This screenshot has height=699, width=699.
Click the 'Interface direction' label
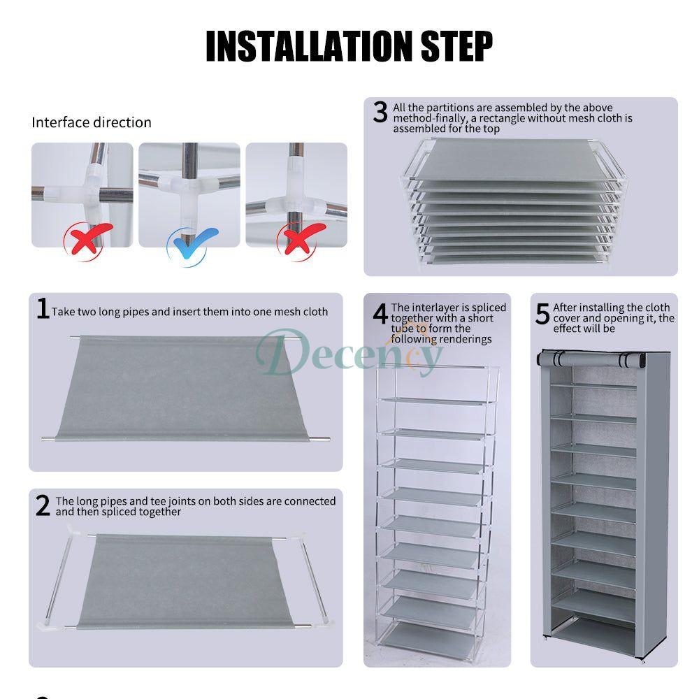tap(91, 122)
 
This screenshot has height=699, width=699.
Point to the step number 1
tap(43, 308)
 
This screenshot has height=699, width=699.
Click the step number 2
tap(43, 505)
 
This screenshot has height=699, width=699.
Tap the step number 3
tap(380, 112)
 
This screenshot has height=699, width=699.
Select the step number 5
tap(542, 314)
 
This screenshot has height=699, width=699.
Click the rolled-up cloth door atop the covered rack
tap(591, 360)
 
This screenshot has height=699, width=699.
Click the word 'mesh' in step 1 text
tap(284, 312)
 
